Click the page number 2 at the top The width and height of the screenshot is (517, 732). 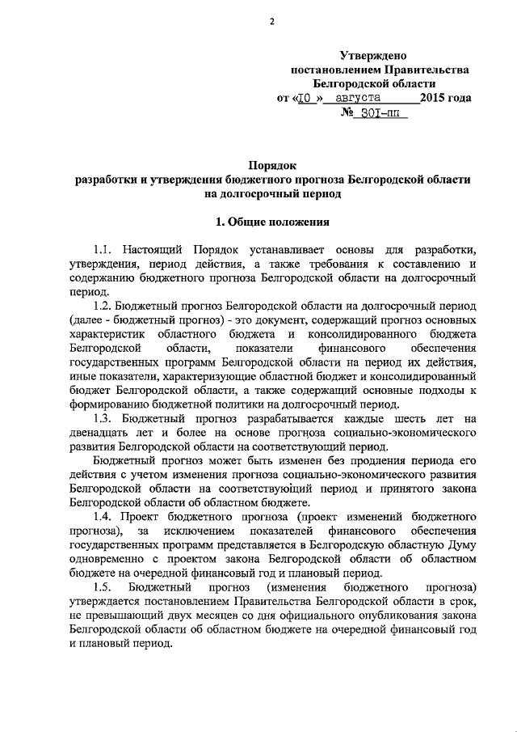point(273,21)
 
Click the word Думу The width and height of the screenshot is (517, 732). point(457,544)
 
